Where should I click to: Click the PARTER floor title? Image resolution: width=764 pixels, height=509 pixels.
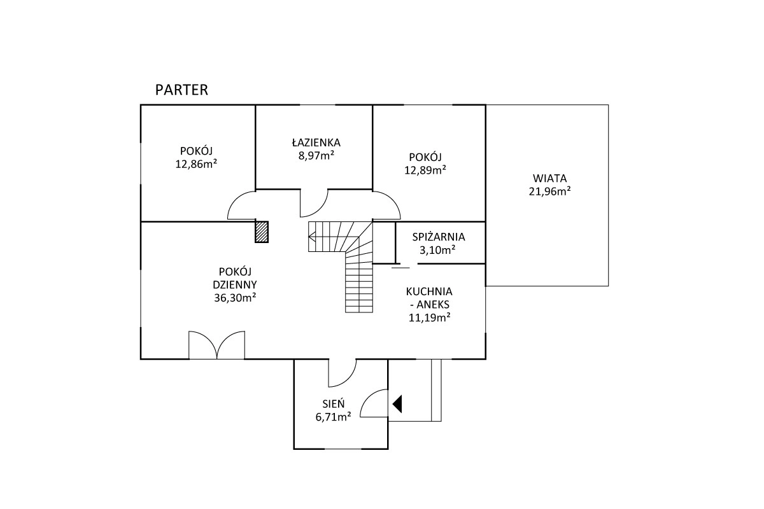[181, 90]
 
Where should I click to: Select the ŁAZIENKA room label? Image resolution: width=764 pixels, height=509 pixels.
[316, 142]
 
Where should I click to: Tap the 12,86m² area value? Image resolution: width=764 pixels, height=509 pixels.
[196, 164]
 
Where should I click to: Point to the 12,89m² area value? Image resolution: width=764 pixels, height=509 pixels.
[425, 170]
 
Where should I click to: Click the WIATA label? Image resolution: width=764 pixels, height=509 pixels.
[550, 178]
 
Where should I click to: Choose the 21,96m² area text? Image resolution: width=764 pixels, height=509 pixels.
[550, 192]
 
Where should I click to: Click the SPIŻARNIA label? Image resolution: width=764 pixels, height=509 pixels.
[439, 237]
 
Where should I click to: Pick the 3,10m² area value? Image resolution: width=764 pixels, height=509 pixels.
[437, 250]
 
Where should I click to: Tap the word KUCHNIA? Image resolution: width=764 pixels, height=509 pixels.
[429, 291]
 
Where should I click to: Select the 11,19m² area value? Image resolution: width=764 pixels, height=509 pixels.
[429, 317]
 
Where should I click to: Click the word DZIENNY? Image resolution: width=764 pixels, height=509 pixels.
[235, 284]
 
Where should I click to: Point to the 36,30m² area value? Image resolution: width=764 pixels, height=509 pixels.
[235, 298]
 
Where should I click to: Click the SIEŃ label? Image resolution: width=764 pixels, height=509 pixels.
[334, 403]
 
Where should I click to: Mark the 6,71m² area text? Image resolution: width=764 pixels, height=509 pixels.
[333, 417]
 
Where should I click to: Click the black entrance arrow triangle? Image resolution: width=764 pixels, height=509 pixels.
[397, 404]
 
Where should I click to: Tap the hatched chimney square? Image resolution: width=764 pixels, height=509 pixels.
[262, 232]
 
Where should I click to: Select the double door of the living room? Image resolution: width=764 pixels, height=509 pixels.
[216, 345]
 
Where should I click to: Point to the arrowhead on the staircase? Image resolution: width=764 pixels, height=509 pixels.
[312, 236]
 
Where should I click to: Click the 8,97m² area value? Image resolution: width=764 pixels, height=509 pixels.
[316, 155]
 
